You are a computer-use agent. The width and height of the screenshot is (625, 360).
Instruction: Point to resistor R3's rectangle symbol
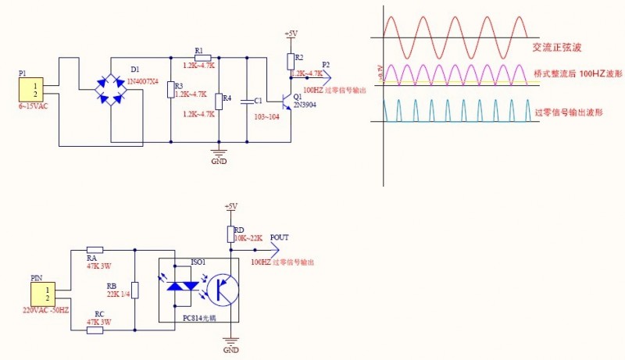click(x=170, y=89)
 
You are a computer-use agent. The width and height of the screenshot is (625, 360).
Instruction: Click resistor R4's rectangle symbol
click(x=218, y=101)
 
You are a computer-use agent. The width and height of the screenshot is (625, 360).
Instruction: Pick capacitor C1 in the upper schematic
click(x=248, y=101)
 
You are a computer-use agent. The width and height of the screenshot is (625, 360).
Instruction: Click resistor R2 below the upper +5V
click(x=291, y=61)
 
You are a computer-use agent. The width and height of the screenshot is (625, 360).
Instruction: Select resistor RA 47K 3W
click(x=95, y=250)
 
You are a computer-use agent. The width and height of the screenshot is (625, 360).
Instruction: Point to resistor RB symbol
click(x=135, y=290)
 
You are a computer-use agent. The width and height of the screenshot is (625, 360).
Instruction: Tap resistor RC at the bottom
click(x=95, y=330)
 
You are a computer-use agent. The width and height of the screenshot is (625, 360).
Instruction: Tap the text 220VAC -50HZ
click(x=46, y=310)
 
